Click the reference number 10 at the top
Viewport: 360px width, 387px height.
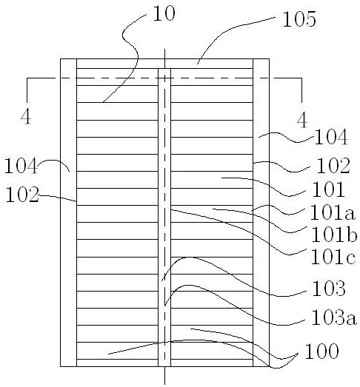pos(164,13)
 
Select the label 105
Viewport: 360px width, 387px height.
pos(299,19)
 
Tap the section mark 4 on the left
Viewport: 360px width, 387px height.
pos(26,117)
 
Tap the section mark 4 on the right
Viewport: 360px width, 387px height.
pos(302,120)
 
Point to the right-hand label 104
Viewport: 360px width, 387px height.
pos(331,137)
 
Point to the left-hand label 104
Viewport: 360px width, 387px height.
pos(21,166)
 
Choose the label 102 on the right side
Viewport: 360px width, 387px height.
pos(333,165)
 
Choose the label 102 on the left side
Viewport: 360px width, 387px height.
pos(22,195)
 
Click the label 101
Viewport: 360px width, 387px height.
pos(328,189)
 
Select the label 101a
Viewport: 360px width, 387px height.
pos(333,212)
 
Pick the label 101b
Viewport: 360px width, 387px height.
pos(334,235)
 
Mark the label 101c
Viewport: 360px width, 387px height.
pos(333,257)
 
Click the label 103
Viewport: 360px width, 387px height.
pos(329,288)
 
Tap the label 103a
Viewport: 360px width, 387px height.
pos(334,317)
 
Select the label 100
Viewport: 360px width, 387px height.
pos(322,351)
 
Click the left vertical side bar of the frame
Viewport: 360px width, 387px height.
pos(68,213)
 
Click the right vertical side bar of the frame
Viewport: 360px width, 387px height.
pos(261,213)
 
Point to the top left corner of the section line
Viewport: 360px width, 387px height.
pos(27,78)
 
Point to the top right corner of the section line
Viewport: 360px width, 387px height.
pos(301,78)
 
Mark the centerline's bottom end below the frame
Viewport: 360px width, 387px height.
pos(164,384)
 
